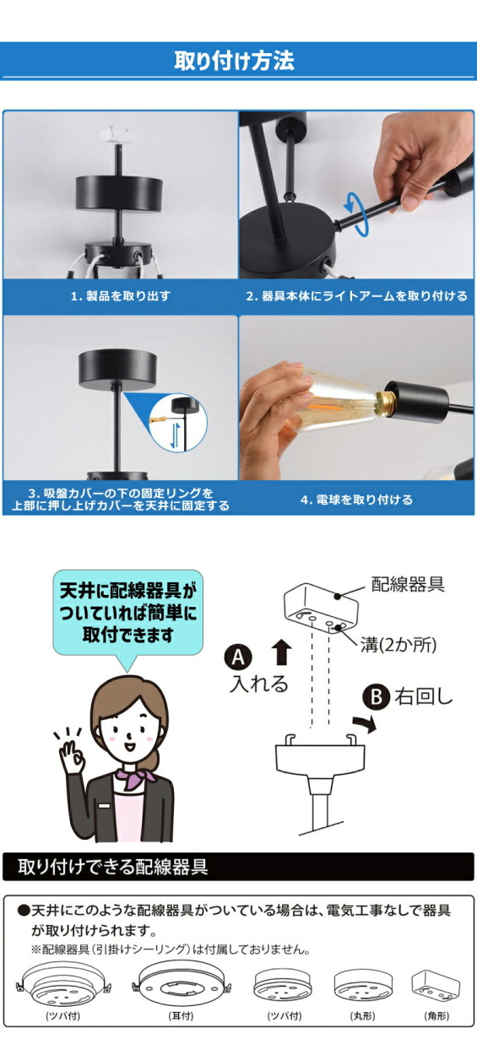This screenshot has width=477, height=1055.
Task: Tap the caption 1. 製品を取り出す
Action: click(x=120, y=296)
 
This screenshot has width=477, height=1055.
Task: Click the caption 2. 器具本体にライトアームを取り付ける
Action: click(x=356, y=296)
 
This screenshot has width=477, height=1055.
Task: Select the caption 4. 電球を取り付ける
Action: click(x=356, y=500)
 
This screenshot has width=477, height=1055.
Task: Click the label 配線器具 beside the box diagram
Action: click(x=408, y=583)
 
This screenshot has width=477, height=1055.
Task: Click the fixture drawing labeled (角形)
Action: click(x=435, y=984)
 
